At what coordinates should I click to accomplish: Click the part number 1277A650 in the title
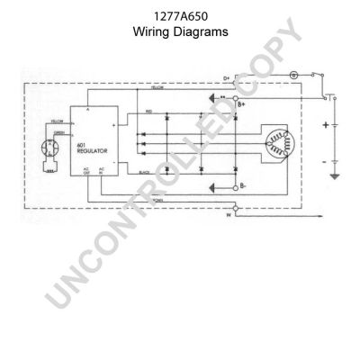coord(180,15)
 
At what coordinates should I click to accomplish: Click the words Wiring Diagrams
coord(180,31)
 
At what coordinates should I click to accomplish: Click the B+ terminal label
coord(242,105)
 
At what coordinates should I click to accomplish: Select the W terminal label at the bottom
coord(227,216)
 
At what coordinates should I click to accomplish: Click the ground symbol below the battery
coord(335,177)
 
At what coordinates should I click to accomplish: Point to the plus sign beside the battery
coord(324,126)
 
